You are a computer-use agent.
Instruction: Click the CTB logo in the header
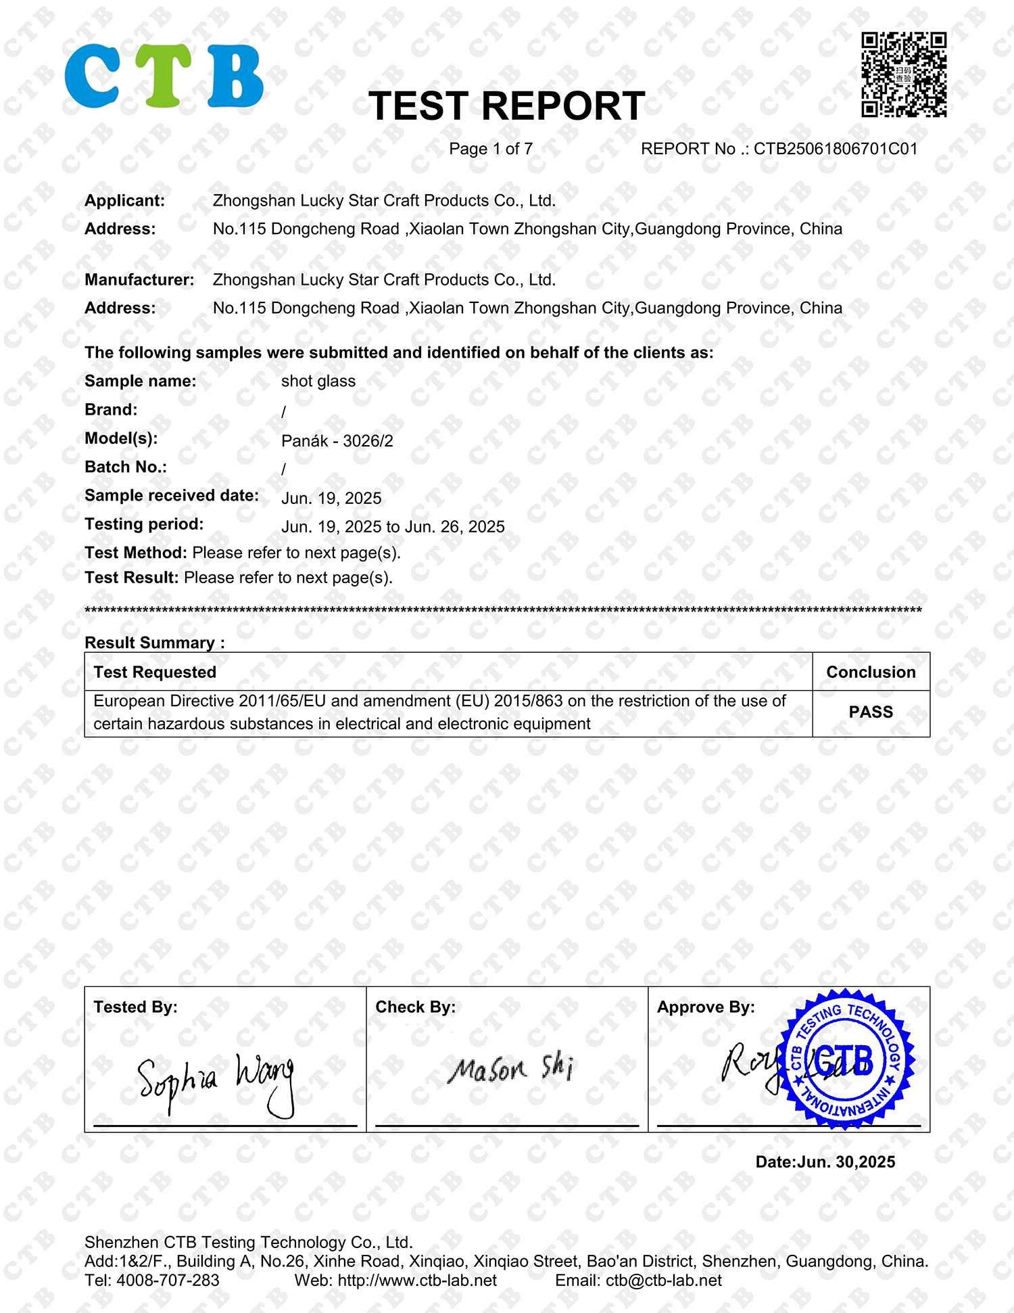pos(164,76)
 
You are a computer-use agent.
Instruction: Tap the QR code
pos(904,74)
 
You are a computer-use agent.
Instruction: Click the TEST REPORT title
pos(506,106)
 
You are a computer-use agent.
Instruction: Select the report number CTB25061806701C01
pos(836,149)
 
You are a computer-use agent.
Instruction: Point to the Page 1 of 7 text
pos(491,149)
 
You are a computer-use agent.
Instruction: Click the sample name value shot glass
pos(318,382)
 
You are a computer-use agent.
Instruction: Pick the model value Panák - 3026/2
pos(337,441)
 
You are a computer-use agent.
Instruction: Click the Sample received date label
pos(172,496)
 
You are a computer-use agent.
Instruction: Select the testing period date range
pos(393,527)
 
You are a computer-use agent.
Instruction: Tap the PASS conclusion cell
pos(871,712)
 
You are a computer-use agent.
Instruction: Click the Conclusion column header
pos(871,672)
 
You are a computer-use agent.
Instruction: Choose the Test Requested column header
pos(155,672)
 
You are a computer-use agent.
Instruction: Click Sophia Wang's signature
pos(216,1080)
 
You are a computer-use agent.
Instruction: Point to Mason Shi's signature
pos(511,1069)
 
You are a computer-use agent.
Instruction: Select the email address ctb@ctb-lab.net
pos(663,1281)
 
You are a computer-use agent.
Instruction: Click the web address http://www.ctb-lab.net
pos(417,1281)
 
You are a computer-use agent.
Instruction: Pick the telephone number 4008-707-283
pos(168,1281)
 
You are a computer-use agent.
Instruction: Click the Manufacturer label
pos(139,280)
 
